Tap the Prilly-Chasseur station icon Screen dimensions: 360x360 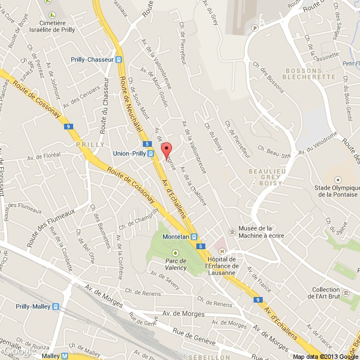[x=119, y=60]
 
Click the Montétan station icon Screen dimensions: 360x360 [x=194, y=237]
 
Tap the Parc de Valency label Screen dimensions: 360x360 [x=175, y=264]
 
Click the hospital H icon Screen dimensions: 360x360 [x=222, y=251]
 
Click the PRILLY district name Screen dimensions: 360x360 [x=89, y=145]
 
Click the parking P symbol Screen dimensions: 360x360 [x=255, y=28]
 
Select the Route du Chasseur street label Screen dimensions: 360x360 [x=104, y=107]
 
